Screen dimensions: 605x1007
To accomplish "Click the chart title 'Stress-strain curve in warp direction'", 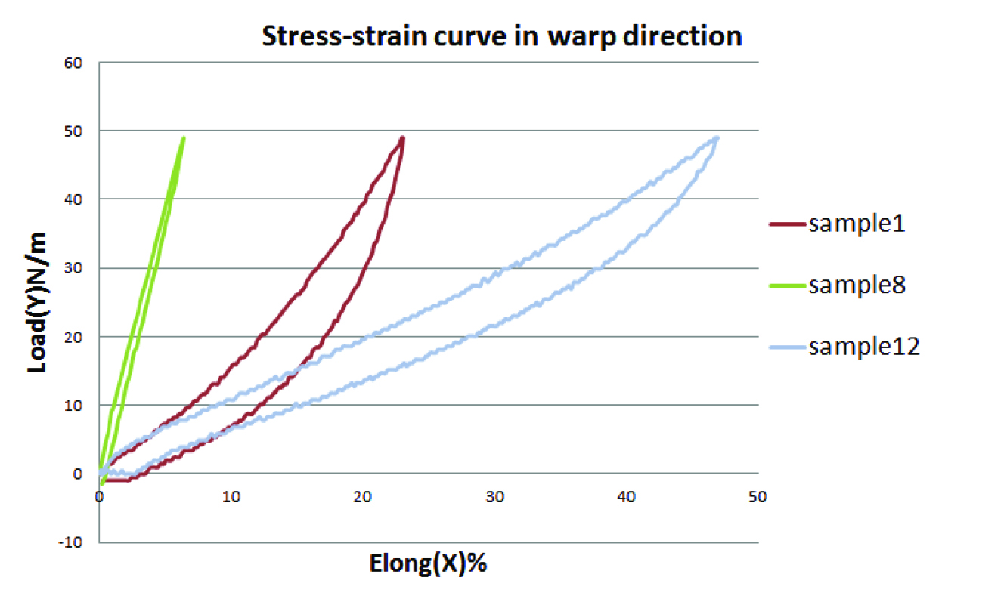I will coord(501,36).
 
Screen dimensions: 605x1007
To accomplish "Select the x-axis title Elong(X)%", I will coord(428,563).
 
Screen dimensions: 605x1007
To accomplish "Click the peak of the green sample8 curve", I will coord(183,138).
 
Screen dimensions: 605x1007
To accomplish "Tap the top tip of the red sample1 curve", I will coord(403,138).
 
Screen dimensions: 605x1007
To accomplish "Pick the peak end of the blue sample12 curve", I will coord(717,138).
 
